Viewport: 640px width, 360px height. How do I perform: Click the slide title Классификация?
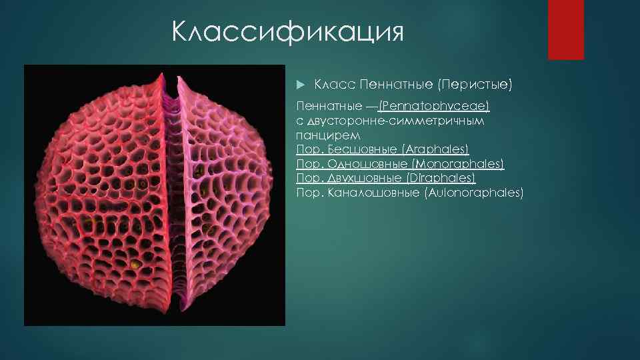pos(287,31)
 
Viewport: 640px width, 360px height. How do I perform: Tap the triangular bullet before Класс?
pos(300,85)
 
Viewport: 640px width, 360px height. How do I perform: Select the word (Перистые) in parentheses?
pos(474,85)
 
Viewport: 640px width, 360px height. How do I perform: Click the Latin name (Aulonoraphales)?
pos(473,193)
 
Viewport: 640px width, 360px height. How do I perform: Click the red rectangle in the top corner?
pos(565,30)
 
